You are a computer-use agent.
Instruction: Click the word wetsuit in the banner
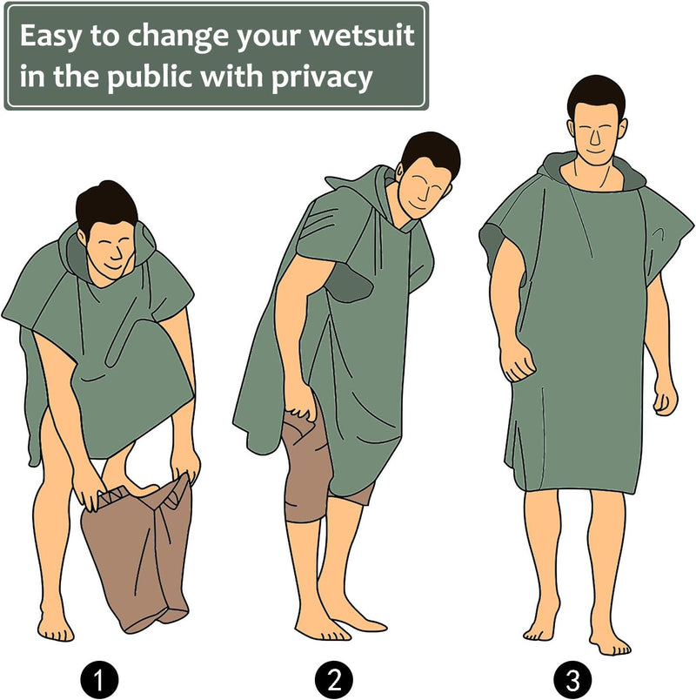tap(362, 36)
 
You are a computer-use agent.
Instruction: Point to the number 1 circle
tap(99, 680)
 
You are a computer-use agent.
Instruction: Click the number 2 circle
tap(334, 680)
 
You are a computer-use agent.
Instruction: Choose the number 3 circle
tap(572, 680)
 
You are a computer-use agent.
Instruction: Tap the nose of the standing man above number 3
tap(595, 138)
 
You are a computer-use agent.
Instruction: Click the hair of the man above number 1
tap(106, 206)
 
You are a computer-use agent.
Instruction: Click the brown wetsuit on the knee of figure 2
tap(305, 468)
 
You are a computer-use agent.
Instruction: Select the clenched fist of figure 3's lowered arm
tap(517, 361)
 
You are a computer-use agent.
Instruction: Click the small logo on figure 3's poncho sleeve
tap(659, 232)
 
